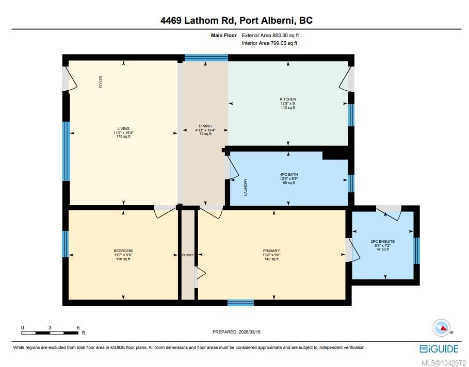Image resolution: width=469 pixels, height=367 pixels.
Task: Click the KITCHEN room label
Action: [288, 99]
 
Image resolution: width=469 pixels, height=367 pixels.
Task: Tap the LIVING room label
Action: [123, 128]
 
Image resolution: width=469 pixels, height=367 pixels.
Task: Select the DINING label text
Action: [205, 126]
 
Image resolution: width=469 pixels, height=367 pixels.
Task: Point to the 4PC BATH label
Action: [288, 175]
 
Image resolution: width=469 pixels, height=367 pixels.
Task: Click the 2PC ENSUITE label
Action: [382, 241]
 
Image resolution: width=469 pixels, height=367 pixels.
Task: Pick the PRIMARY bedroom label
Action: [271, 251]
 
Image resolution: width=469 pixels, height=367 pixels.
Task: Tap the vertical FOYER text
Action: [101, 82]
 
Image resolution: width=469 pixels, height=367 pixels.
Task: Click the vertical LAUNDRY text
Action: [246, 187]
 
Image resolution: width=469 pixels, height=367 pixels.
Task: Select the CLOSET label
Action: [188, 255]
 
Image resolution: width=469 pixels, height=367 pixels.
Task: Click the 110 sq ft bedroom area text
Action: [123, 259]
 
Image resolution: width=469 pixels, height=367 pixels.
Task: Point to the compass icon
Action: [442, 327]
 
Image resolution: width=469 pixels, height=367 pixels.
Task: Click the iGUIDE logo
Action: [439, 349]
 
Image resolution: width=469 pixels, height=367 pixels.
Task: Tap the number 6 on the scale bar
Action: [78, 327]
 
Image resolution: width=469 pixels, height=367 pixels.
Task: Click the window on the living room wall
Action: [66, 151]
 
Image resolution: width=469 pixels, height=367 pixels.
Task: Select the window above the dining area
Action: [206, 58]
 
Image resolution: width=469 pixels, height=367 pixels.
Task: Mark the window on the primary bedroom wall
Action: [241, 303]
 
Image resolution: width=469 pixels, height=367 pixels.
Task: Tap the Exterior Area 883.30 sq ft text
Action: [270, 35]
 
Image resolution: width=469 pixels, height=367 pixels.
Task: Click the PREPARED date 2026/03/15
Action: [249, 332]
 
